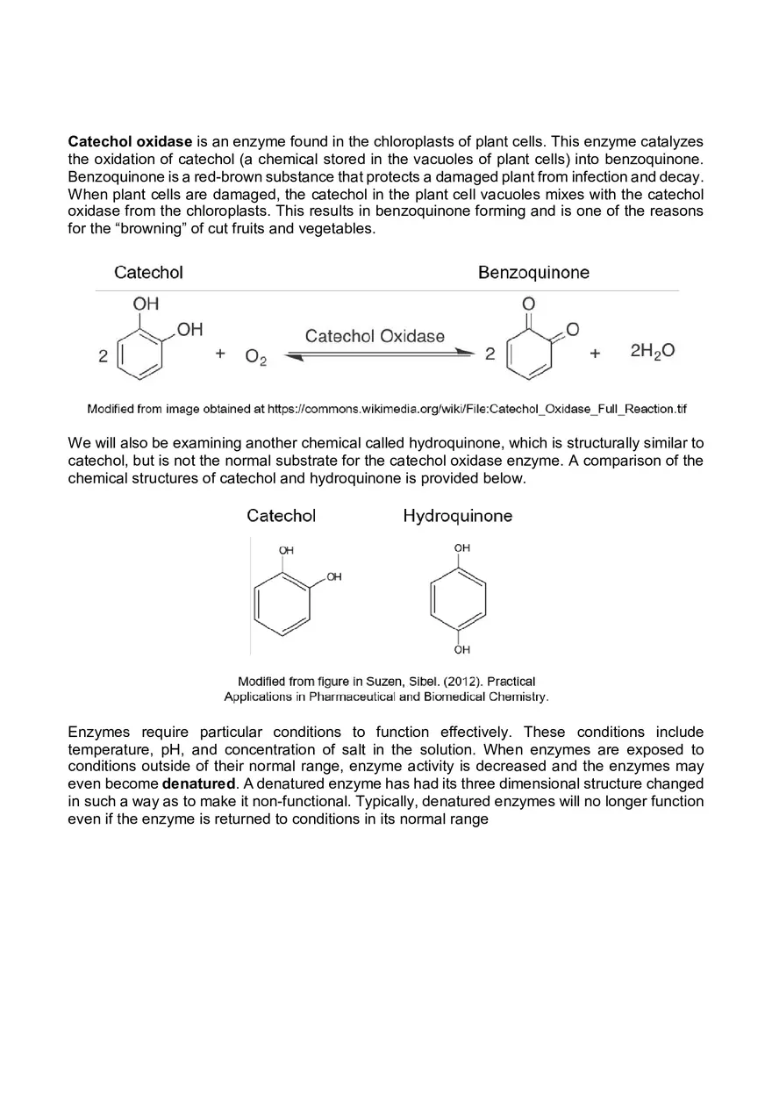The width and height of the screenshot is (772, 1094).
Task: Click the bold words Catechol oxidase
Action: (130, 141)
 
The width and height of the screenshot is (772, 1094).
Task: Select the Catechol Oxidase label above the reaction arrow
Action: (375, 336)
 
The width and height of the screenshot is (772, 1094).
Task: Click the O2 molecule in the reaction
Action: (256, 356)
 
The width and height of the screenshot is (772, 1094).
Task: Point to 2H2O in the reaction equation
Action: (652, 352)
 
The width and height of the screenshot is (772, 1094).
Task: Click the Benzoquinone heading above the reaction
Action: (533, 273)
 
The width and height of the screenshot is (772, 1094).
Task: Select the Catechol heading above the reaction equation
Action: (148, 273)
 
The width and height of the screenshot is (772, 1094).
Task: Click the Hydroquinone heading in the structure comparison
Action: (457, 516)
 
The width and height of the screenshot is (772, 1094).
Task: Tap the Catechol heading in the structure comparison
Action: (281, 516)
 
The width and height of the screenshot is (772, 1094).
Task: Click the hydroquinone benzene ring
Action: (458, 599)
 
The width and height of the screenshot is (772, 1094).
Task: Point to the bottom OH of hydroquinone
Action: (462, 650)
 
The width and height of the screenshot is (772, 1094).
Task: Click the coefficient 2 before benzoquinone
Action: (490, 355)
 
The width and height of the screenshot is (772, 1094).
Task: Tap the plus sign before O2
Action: (220, 354)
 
